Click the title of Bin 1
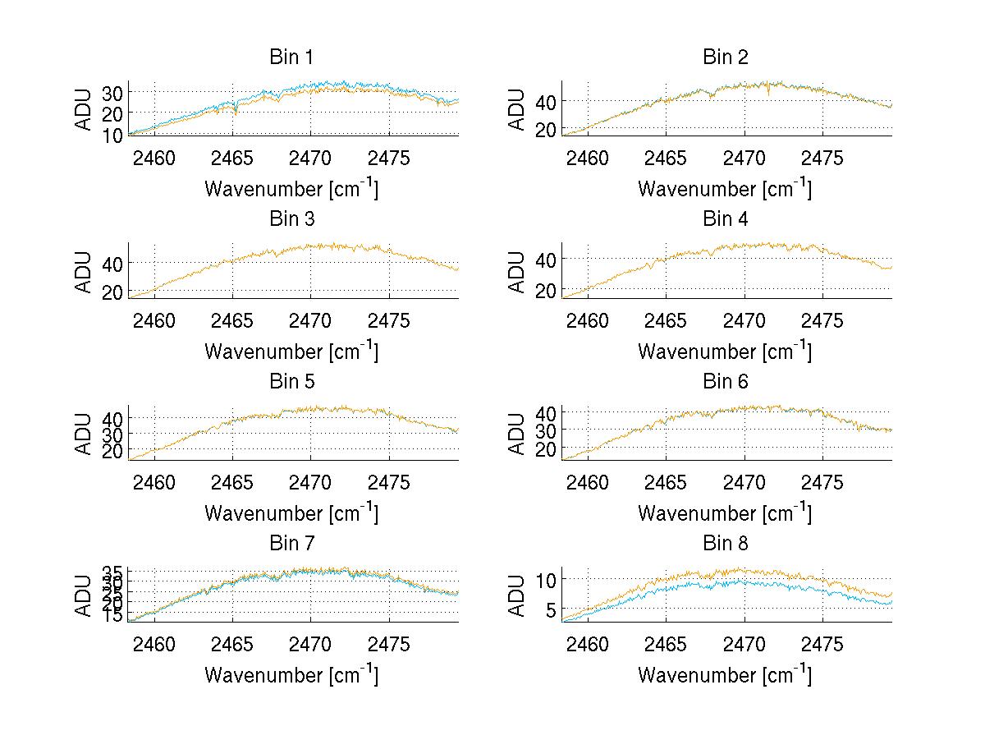[291, 57]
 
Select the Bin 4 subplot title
[726, 219]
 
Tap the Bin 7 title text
[291, 544]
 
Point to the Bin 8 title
[726, 544]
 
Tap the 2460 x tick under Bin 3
[154, 320]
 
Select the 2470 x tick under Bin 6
[744, 482]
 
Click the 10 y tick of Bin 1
[112, 134]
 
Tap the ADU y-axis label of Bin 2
[517, 108]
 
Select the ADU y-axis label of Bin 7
[84, 595]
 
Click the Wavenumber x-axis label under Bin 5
[291, 512]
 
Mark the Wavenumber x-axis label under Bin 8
[726, 674]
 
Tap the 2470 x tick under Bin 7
[311, 644]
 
